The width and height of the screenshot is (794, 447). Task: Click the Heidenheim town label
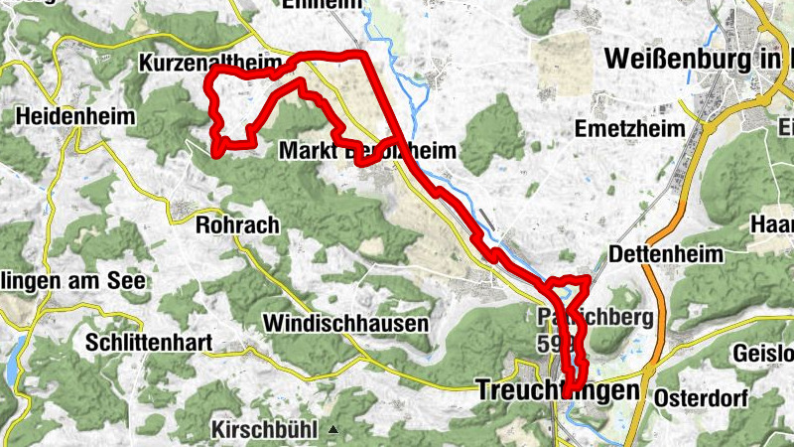point(74,117)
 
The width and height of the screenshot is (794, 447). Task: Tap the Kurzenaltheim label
point(210,64)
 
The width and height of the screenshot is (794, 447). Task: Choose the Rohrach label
point(238,224)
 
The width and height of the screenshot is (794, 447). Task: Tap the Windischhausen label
point(345,324)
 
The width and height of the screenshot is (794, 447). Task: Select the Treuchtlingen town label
point(558,390)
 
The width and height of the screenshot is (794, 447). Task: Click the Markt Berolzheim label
point(367,151)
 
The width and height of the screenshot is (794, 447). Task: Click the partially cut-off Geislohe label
point(763,354)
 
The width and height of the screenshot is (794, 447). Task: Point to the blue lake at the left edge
point(13,358)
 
